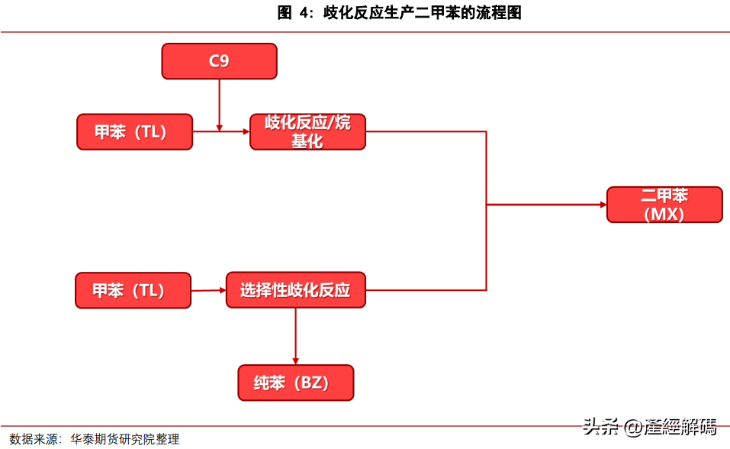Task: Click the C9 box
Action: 219,61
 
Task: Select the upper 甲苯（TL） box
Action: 134,132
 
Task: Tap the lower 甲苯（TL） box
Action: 133,290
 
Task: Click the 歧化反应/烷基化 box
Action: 307,132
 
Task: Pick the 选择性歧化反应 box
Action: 296,290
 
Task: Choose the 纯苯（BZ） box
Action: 296,383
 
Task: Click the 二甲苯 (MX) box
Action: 665,205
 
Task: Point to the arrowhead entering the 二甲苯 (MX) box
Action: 603,205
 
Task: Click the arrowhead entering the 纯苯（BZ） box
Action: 296,361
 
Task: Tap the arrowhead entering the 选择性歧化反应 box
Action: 223,290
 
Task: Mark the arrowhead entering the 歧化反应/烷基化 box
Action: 246,132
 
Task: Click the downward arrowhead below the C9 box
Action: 219,128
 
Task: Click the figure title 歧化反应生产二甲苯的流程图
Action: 423,12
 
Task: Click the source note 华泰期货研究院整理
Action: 125,439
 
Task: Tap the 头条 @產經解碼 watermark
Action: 649,427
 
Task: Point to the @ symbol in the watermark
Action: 633,427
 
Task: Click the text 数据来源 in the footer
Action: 34,439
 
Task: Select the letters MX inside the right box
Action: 664,214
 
